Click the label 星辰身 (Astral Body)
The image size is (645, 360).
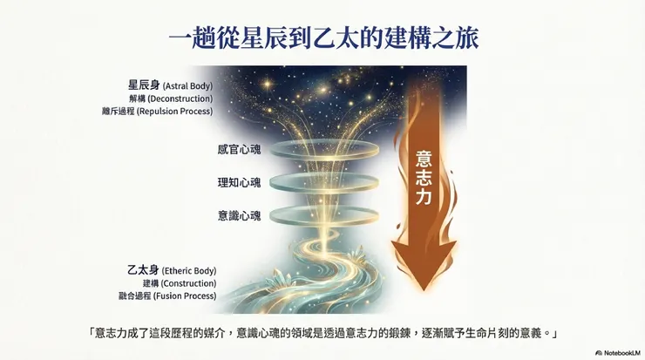click(x=169, y=85)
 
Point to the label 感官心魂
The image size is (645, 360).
click(x=239, y=149)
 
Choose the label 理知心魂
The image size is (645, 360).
click(x=239, y=182)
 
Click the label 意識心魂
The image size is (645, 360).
click(x=239, y=214)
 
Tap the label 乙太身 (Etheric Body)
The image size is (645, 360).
click(x=171, y=271)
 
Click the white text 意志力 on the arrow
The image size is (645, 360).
click(x=424, y=178)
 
